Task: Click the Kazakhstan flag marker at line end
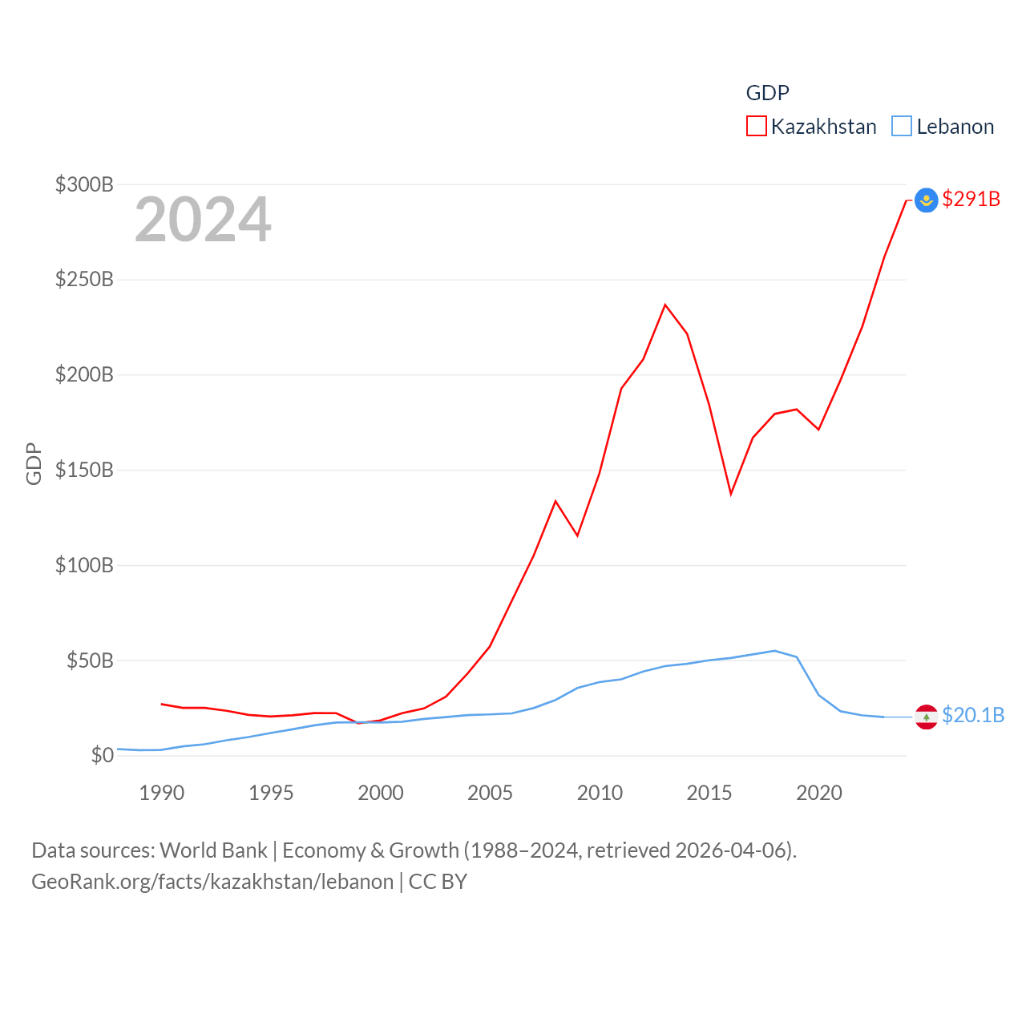tap(927, 200)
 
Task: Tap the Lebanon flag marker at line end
tap(927, 717)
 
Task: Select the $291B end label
tap(971, 199)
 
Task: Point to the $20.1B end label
tap(972, 715)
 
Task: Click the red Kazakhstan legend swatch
tap(756, 127)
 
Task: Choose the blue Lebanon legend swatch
tap(902, 127)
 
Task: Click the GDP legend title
tap(767, 93)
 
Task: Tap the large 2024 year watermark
tap(203, 220)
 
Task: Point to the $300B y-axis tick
tap(84, 184)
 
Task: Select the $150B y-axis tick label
tap(84, 470)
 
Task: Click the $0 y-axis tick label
tap(102, 755)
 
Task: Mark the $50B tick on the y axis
tap(90, 660)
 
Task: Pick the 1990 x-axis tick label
tap(161, 793)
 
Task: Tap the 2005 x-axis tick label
tap(490, 793)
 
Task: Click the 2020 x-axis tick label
tap(818, 793)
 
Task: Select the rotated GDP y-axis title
tap(34, 463)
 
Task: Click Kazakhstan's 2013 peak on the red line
tap(665, 305)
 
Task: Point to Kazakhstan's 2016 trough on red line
tap(731, 494)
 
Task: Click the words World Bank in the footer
tap(213, 850)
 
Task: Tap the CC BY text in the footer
tap(438, 882)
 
